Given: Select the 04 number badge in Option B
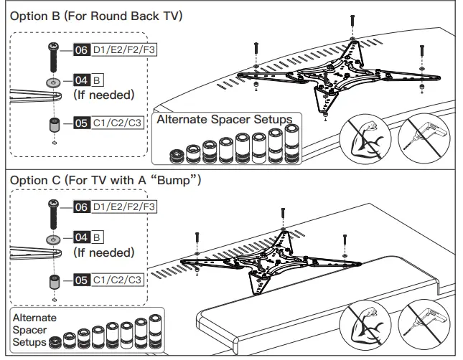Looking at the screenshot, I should click(x=81, y=80).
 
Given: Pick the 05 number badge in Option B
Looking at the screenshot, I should click(x=81, y=123).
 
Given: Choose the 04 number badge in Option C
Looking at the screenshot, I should click(x=81, y=237).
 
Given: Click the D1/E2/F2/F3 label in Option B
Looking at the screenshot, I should click(x=123, y=51).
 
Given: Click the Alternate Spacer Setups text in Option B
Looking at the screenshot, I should click(x=224, y=119).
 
